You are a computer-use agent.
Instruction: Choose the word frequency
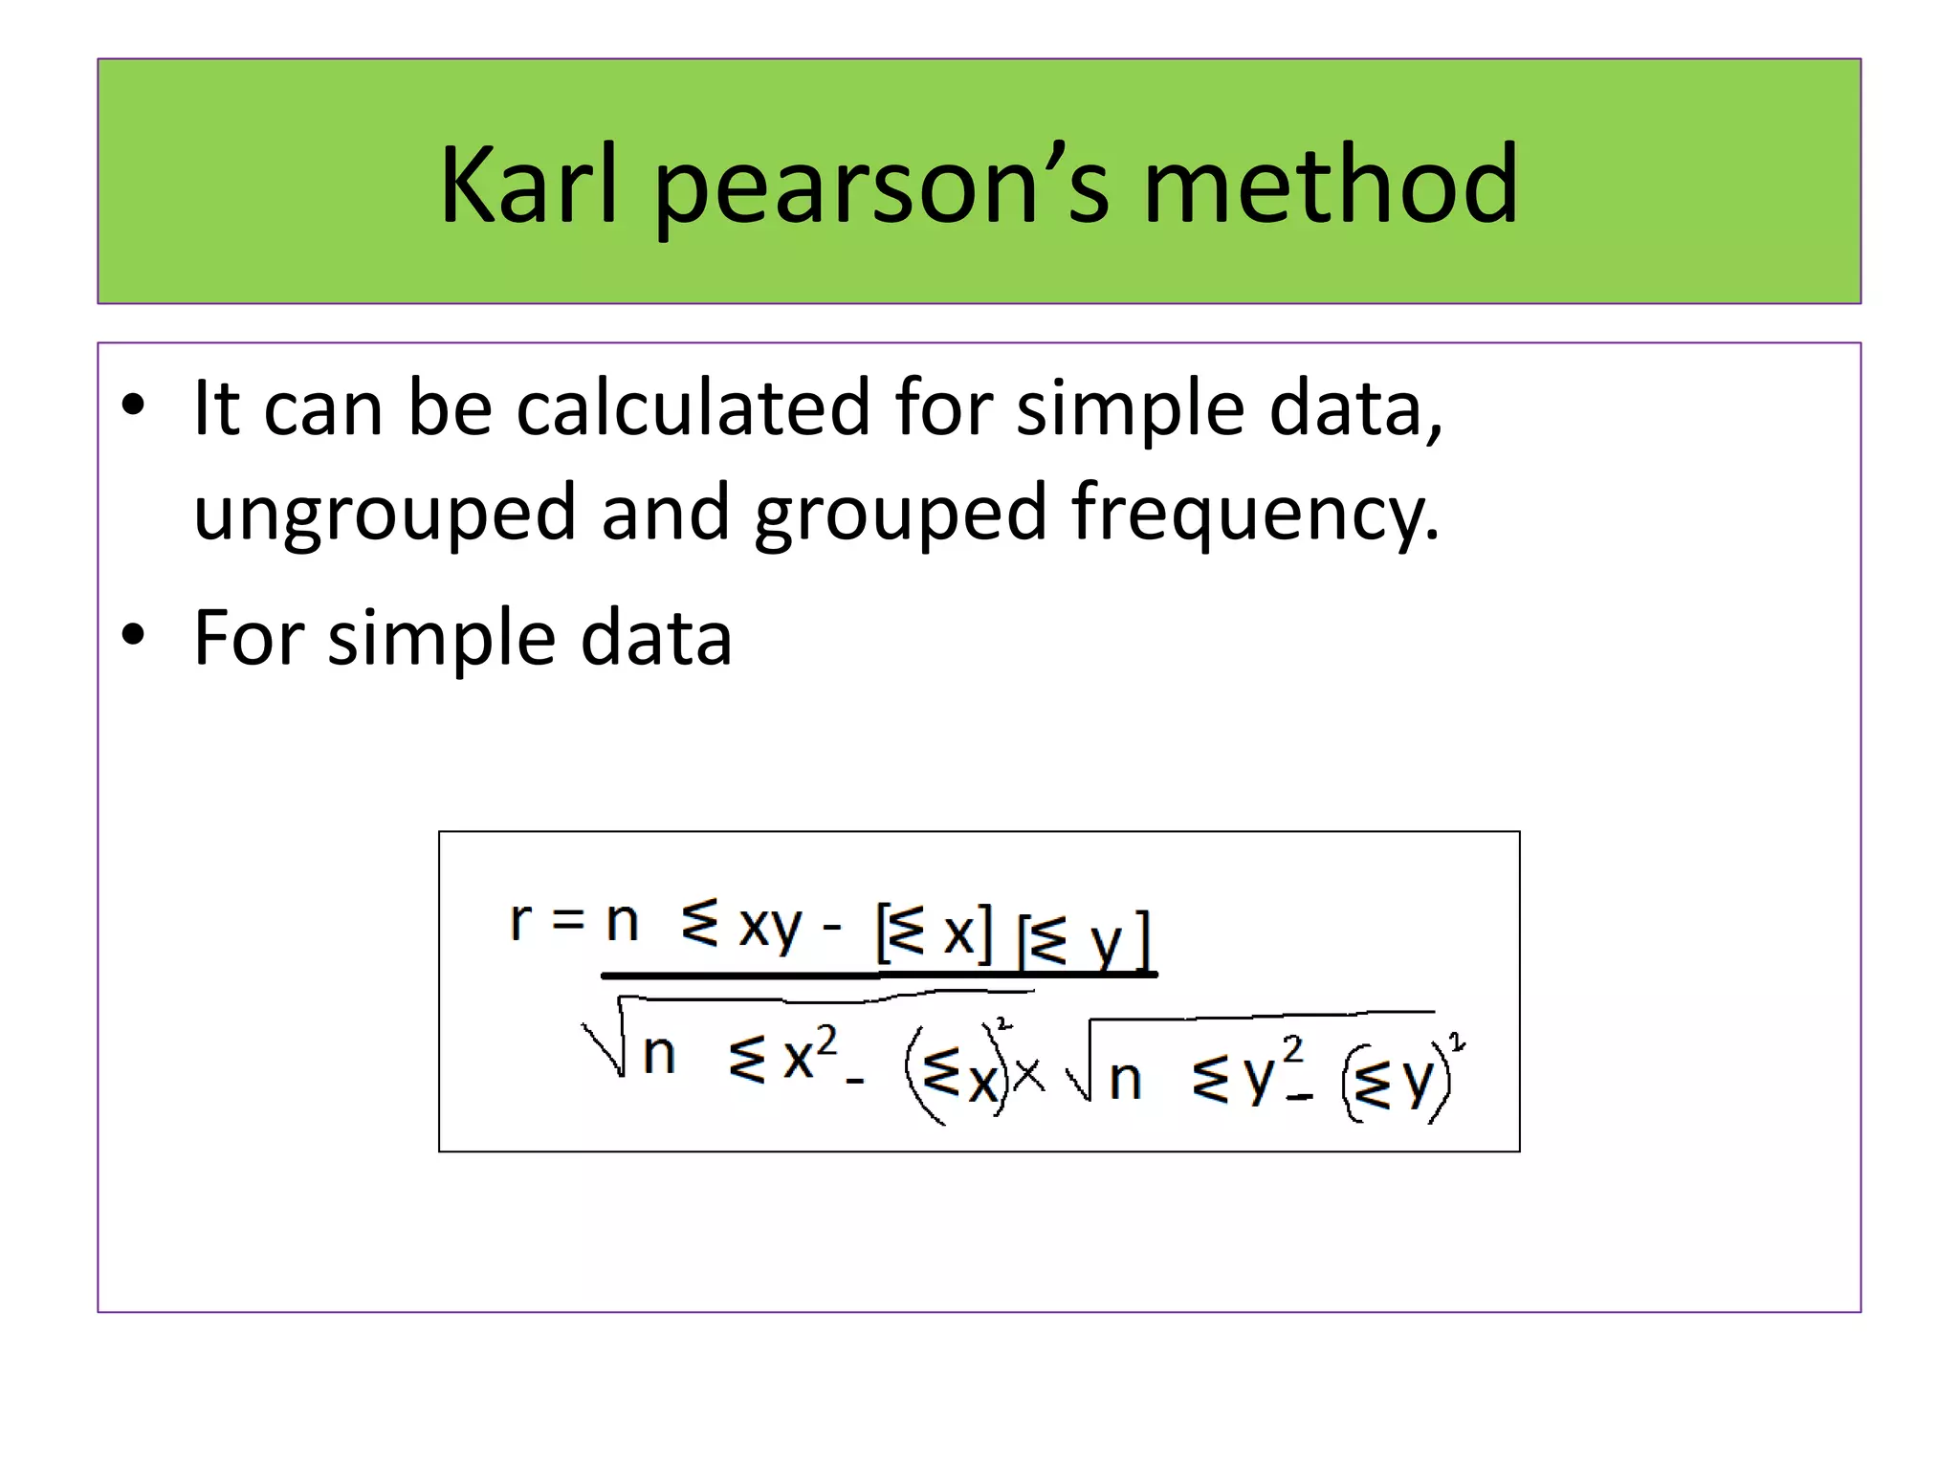tap(1254, 515)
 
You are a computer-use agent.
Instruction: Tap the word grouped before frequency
tap(900, 515)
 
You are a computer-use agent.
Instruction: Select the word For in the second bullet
tap(248, 637)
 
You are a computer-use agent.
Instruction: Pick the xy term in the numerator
tap(769, 928)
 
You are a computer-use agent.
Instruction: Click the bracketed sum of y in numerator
tap(1085, 941)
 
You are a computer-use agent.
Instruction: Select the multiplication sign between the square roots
tap(1028, 1076)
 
